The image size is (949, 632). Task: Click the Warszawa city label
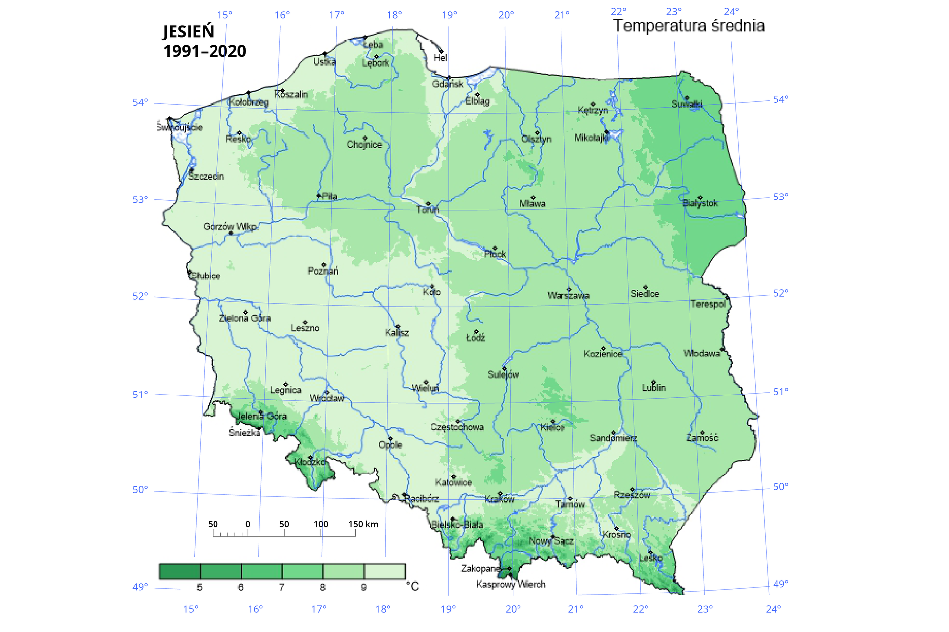pos(568,296)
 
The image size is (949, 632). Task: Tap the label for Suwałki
pos(687,104)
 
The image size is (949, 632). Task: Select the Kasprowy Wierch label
pos(511,584)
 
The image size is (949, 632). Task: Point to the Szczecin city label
pos(206,176)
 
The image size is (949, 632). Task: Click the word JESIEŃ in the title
pos(188,32)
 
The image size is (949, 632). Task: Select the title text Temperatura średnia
pos(689,26)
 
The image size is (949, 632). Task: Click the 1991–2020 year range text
pos(205,51)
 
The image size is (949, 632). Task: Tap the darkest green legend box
pos(179,571)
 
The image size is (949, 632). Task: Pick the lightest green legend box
pos(385,571)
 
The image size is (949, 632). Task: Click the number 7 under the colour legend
pos(282,587)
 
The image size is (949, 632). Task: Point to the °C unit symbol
pos(412,586)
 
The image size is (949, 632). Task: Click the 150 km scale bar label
pos(363,524)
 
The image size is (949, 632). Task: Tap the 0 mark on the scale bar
pos(248,524)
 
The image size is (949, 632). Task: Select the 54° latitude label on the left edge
pos(140,102)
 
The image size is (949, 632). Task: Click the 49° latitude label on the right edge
pos(780,584)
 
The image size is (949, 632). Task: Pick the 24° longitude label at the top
pos(732,12)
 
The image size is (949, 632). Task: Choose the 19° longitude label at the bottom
pos(448,609)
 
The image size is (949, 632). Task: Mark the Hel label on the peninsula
pos(440,58)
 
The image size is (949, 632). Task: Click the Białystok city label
pos(700,203)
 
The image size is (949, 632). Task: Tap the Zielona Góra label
pos(245,318)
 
